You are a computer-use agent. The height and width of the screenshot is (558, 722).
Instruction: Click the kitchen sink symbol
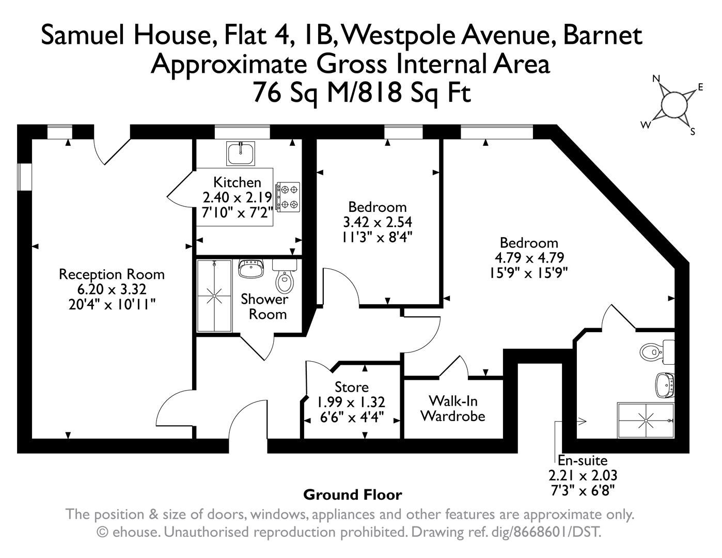pyautogui.click(x=240, y=153)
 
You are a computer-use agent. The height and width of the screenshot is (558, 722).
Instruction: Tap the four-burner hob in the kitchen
pyautogui.click(x=288, y=196)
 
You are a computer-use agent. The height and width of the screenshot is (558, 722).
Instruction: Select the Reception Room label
pyautogui.click(x=112, y=274)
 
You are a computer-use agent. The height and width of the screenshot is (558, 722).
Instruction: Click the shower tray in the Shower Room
pyautogui.click(x=214, y=296)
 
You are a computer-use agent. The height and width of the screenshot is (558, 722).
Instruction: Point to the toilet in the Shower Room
pyautogui.click(x=284, y=277)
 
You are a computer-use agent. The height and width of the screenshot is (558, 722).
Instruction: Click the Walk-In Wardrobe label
pyautogui.click(x=452, y=408)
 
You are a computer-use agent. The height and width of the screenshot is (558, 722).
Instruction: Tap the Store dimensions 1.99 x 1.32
pyautogui.click(x=351, y=402)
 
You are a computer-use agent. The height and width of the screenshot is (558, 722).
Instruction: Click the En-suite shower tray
pyautogui.click(x=646, y=421)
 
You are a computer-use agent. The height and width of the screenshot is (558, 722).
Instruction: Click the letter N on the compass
pyautogui.click(x=656, y=79)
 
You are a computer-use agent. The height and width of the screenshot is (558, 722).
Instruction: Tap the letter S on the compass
pyautogui.click(x=693, y=131)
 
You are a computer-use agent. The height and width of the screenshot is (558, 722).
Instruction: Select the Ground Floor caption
pyautogui.click(x=352, y=495)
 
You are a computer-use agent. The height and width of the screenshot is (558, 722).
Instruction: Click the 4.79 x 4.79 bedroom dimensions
pyautogui.click(x=529, y=258)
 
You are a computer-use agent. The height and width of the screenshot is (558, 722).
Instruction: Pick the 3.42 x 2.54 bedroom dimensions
pyautogui.click(x=378, y=222)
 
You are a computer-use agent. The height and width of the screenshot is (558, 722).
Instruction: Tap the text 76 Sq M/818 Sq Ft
pyautogui.click(x=362, y=94)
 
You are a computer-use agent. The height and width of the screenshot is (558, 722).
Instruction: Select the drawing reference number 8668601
pyautogui.click(x=539, y=532)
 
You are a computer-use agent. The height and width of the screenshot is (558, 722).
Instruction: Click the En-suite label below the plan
pyautogui.click(x=583, y=460)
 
